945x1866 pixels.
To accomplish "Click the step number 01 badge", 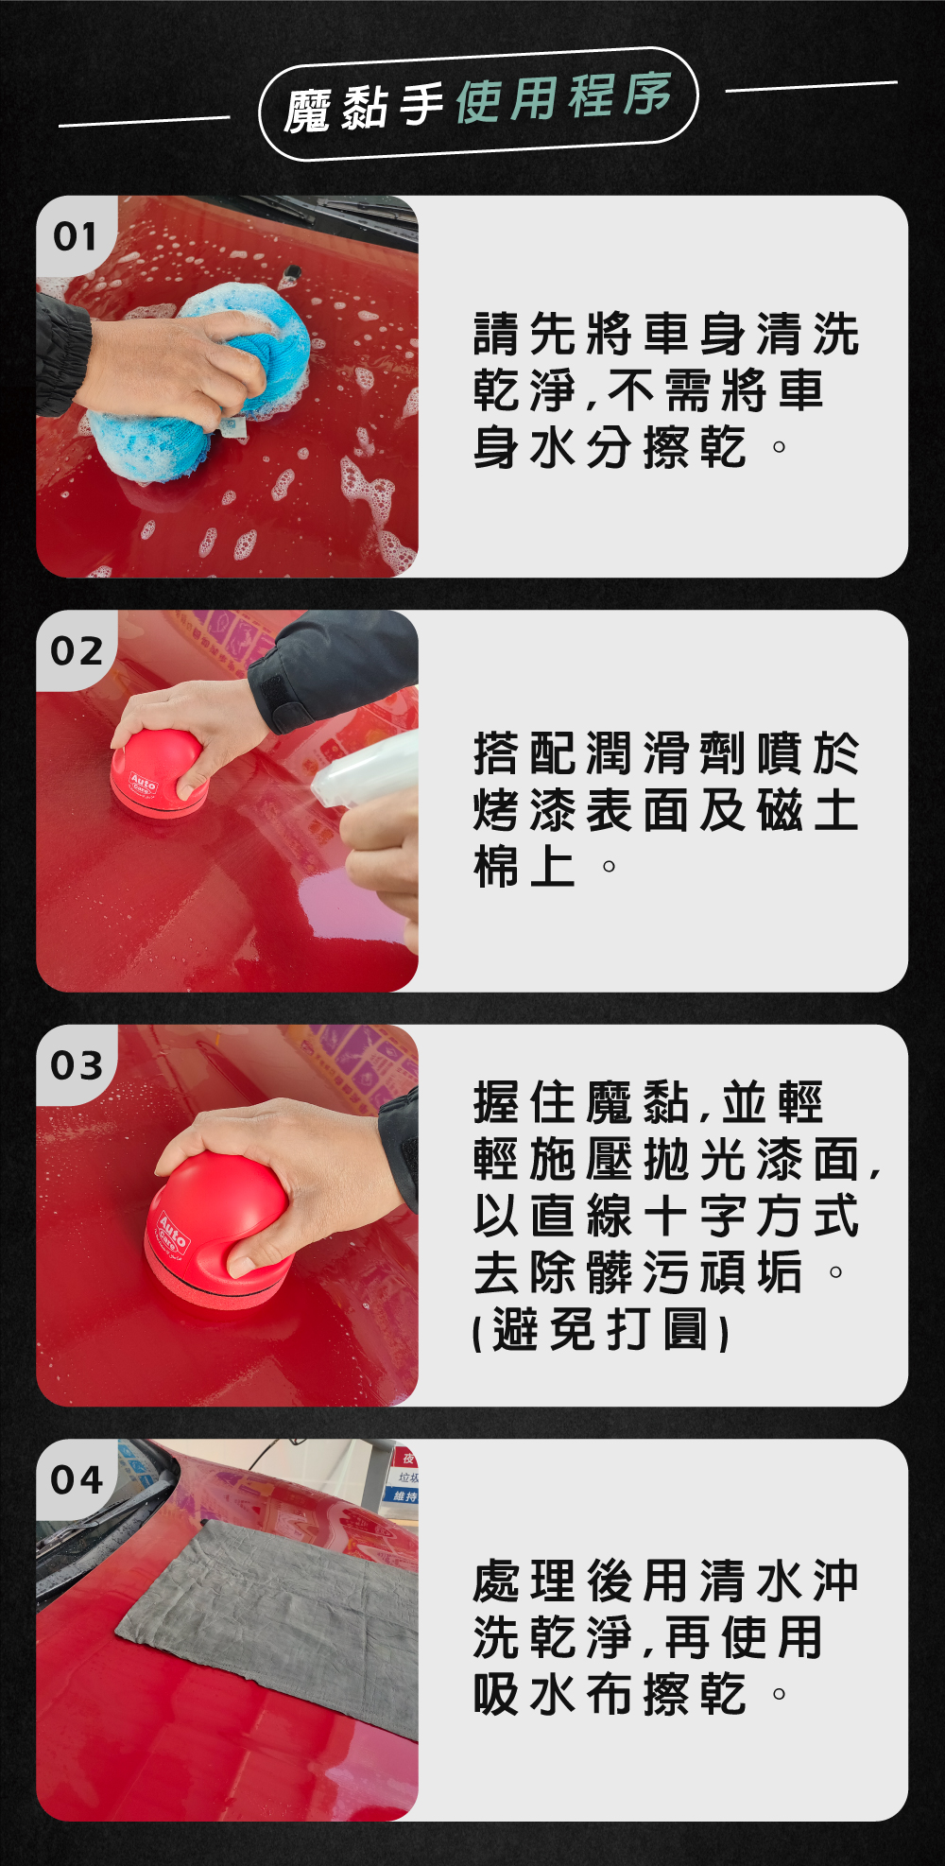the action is (x=75, y=236).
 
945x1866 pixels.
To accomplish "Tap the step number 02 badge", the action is (x=77, y=650).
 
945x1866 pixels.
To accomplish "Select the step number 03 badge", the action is (x=77, y=1065).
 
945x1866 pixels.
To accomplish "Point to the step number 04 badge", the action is (x=77, y=1479).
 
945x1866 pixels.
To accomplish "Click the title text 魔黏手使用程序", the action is (x=478, y=102).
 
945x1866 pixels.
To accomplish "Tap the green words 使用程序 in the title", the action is (x=564, y=97).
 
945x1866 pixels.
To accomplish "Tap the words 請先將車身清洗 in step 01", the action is (x=666, y=335).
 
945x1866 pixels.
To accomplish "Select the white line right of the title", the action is (x=812, y=87).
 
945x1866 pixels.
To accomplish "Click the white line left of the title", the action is (x=144, y=121).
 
